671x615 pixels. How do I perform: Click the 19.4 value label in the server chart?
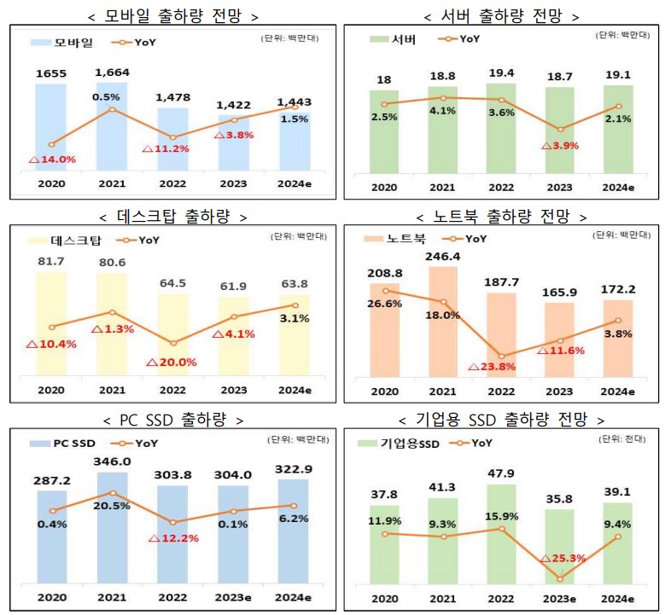[x=501, y=73]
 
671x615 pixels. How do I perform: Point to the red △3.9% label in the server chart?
[x=560, y=145]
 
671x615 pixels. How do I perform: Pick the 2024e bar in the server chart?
[x=618, y=128]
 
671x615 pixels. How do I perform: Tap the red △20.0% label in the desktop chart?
[x=172, y=362]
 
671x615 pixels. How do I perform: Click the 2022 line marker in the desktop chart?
[x=173, y=343]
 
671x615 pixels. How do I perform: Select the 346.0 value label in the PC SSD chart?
[x=113, y=461]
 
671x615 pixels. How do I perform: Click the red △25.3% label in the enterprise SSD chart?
[x=560, y=559]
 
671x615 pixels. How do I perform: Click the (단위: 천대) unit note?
[x=622, y=439]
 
